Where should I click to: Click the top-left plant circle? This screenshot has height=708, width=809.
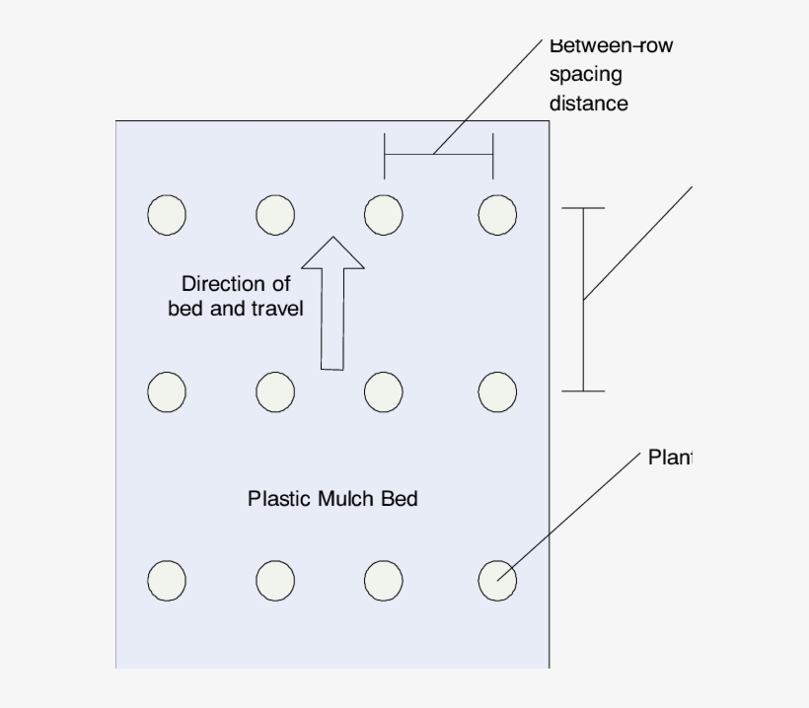click(167, 214)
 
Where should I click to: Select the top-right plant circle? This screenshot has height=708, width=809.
click(497, 214)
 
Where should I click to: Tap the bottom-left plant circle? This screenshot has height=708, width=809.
click(167, 581)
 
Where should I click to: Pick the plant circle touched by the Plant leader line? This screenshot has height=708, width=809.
click(497, 581)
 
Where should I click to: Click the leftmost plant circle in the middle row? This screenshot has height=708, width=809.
click(167, 391)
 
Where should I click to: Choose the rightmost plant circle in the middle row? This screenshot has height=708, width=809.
click(497, 391)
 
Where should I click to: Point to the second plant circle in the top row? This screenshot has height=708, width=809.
click(275, 214)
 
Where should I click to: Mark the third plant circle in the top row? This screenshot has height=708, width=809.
click(383, 214)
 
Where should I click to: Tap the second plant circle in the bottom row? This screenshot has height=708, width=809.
click(275, 581)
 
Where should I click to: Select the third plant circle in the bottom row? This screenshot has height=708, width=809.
click(383, 581)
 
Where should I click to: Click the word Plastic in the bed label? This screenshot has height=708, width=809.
click(279, 499)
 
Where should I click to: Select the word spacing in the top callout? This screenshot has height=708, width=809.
click(585, 74)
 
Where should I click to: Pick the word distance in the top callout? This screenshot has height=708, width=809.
click(588, 103)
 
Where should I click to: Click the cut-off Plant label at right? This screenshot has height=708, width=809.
click(671, 458)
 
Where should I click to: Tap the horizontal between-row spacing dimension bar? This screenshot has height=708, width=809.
click(438, 155)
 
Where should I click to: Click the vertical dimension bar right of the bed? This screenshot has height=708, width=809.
click(583, 300)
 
